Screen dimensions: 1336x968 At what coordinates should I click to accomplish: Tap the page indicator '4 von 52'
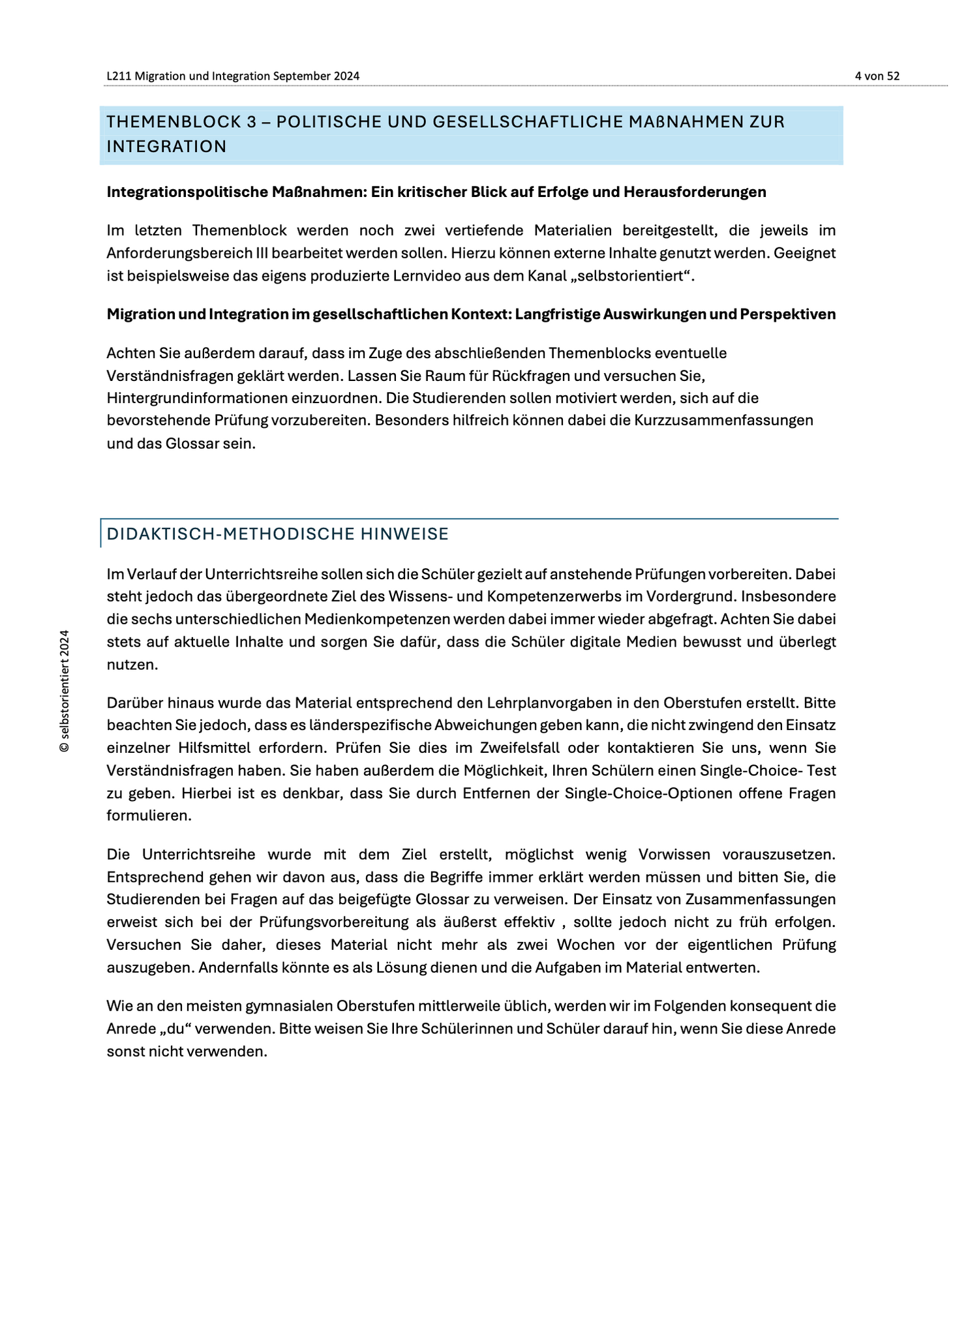[877, 76]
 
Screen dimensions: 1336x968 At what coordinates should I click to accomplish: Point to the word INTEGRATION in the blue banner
[166, 147]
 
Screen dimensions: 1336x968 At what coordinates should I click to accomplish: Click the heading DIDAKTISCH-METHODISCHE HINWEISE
[277, 534]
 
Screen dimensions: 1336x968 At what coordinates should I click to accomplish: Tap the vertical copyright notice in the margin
[64, 691]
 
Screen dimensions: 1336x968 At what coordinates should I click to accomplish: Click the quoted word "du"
[174, 1029]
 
